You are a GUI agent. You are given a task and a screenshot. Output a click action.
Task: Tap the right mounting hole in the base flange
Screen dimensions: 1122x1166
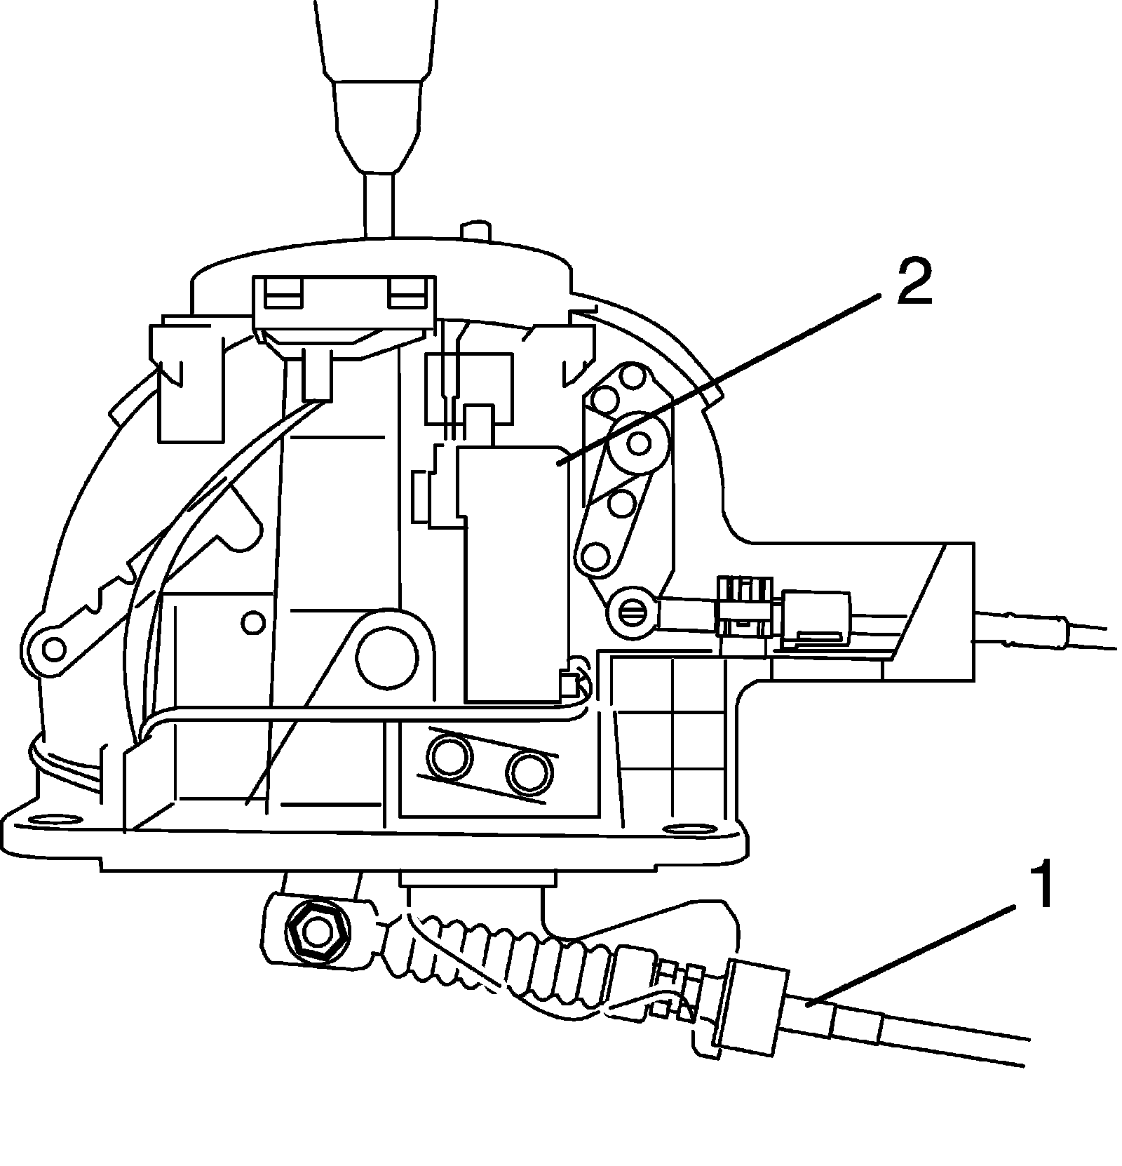point(685,830)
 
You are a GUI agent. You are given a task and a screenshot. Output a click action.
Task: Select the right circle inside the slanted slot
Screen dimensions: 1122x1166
point(529,770)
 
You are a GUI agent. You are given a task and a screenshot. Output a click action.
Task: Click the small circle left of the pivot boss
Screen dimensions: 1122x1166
point(253,621)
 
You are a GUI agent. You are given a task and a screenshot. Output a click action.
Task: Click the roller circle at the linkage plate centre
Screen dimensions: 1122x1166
point(639,443)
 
